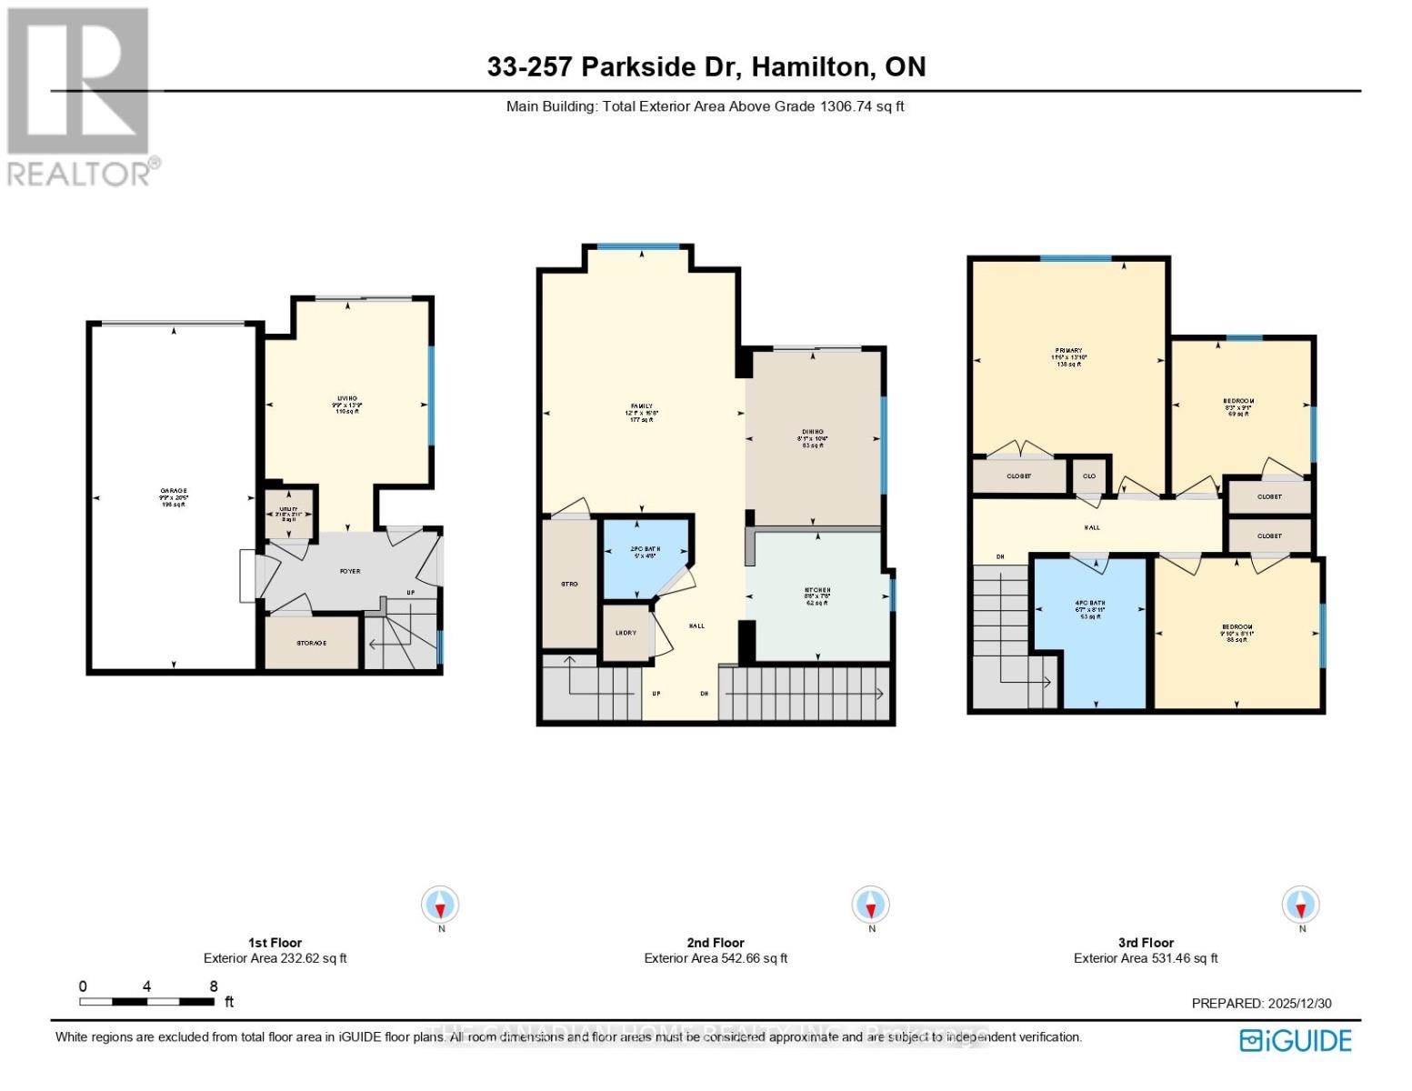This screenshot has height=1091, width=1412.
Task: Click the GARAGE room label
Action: click(x=174, y=491)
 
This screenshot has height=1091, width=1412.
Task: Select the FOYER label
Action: click(x=350, y=571)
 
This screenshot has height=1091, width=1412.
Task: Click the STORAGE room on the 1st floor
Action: click(x=311, y=643)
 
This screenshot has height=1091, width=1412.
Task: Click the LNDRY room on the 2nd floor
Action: click(x=626, y=633)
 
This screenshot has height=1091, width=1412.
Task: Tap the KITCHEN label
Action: click(x=817, y=591)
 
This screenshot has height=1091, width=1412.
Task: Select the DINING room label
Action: click(x=813, y=433)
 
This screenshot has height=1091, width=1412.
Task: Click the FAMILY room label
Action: click(x=642, y=407)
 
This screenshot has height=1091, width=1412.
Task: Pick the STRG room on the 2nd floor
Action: click(x=569, y=584)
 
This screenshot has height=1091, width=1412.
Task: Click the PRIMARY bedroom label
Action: click(x=1068, y=351)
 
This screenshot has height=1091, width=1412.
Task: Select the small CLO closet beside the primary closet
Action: click(x=1089, y=475)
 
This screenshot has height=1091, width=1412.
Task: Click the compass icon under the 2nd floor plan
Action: click(x=871, y=906)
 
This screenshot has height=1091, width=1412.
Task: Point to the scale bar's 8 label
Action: click(x=214, y=986)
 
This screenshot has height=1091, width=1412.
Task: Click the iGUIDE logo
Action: click(x=1297, y=1040)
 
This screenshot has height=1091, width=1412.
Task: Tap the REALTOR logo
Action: click(x=80, y=95)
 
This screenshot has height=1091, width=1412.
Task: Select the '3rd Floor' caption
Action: click(x=1146, y=943)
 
